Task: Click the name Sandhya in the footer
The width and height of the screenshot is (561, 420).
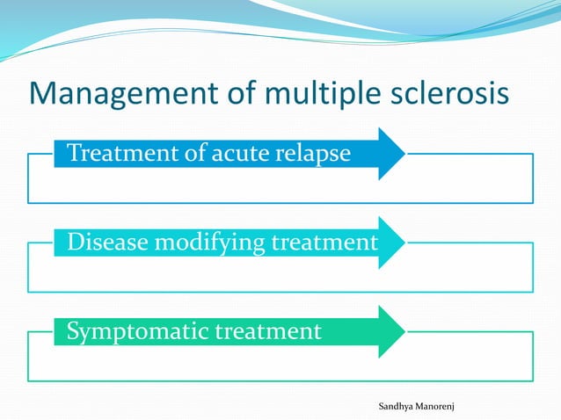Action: [x=397, y=406]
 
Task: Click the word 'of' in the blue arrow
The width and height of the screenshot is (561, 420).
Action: [x=193, y=155]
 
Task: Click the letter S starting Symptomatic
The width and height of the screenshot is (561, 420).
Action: [x=74, y=332]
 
